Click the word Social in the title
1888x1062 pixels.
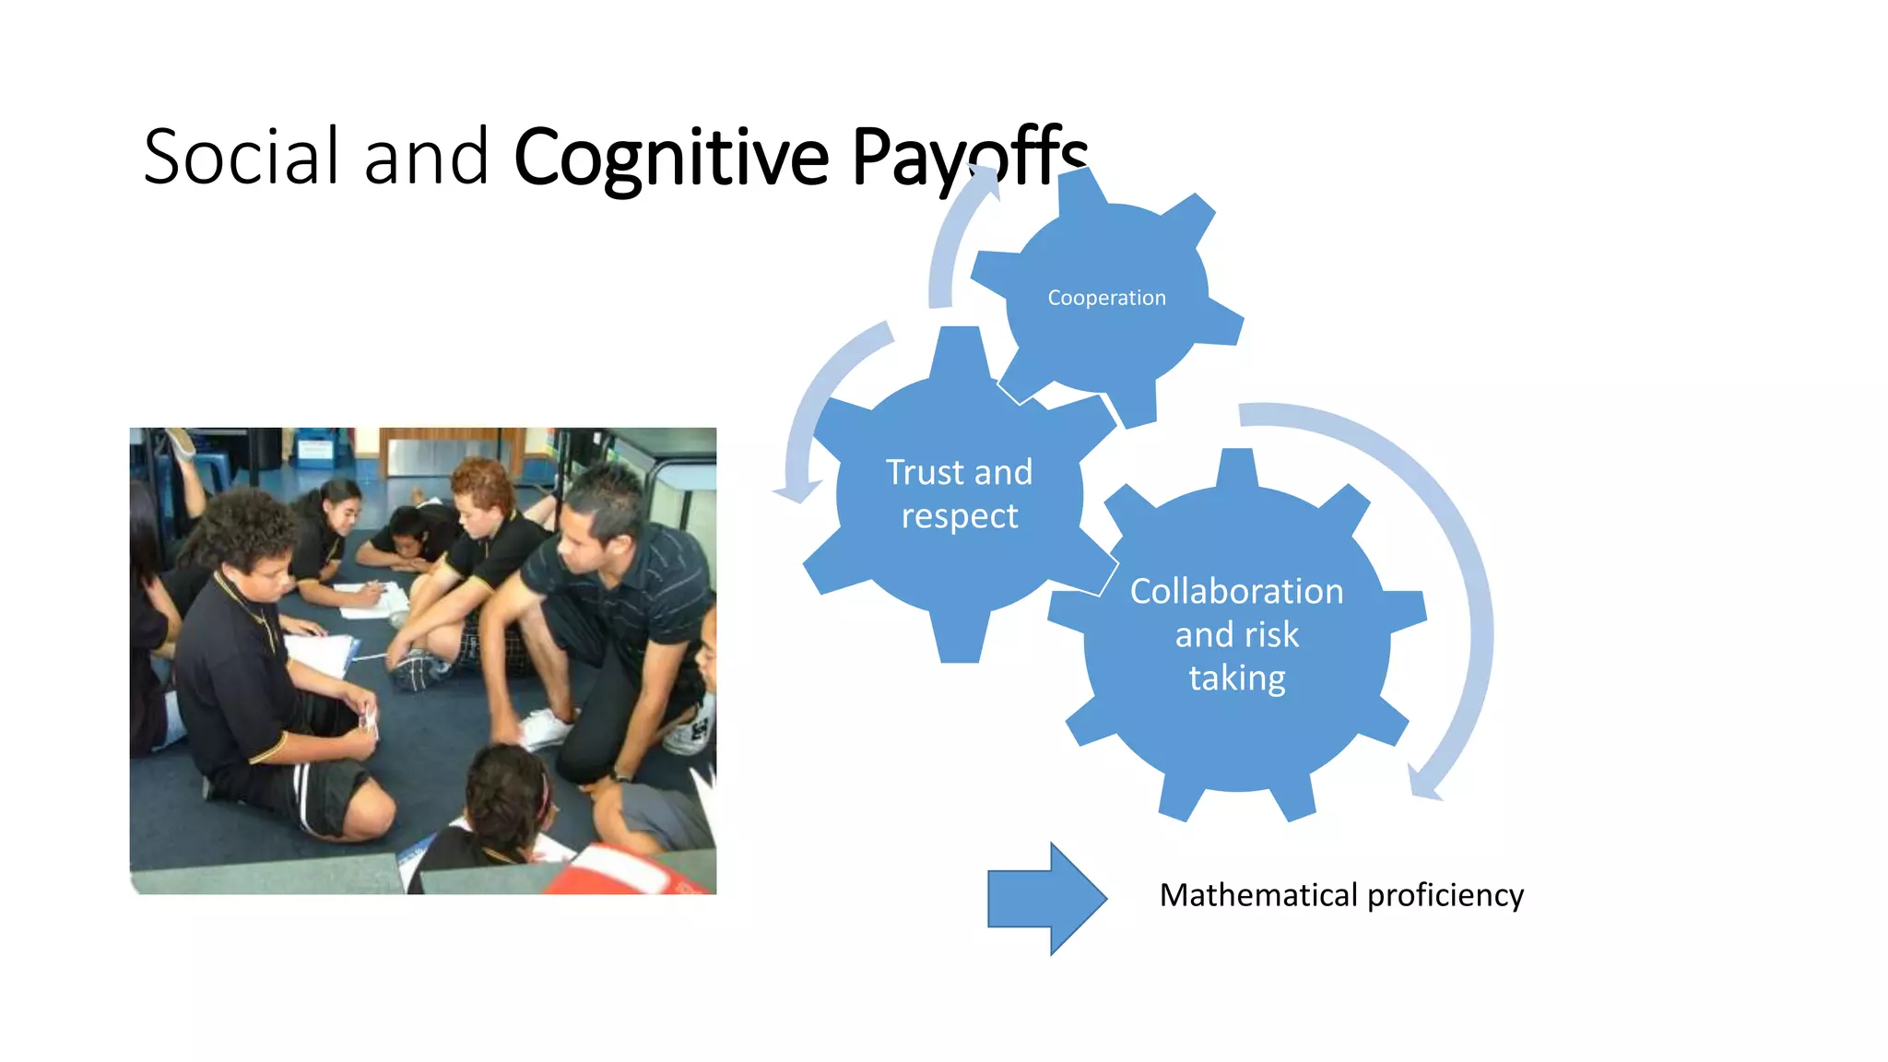pos(242,157)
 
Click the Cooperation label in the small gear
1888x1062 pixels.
pos(1106,298)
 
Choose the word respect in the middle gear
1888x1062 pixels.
pos(960,516)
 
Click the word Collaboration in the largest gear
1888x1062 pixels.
pos(1236,591)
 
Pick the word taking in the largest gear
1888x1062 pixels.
pos(1236,678)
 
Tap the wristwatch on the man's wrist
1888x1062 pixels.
pos(623,777)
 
